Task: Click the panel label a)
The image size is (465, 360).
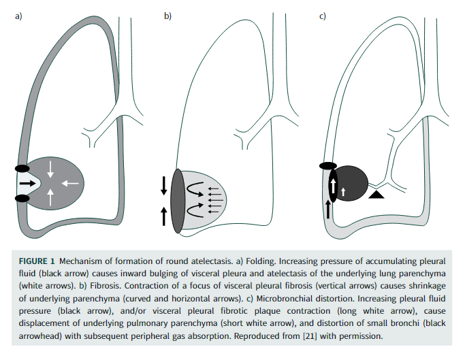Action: [19, 16]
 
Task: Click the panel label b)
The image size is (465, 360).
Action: [167, 16]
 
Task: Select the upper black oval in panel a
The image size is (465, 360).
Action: [22, 167]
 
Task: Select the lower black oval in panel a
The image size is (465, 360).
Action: [22, 198]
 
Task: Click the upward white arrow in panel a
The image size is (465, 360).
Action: [52, 197]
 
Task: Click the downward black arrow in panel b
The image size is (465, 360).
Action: [163, 184]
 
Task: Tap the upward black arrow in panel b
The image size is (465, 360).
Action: [163, 216]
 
